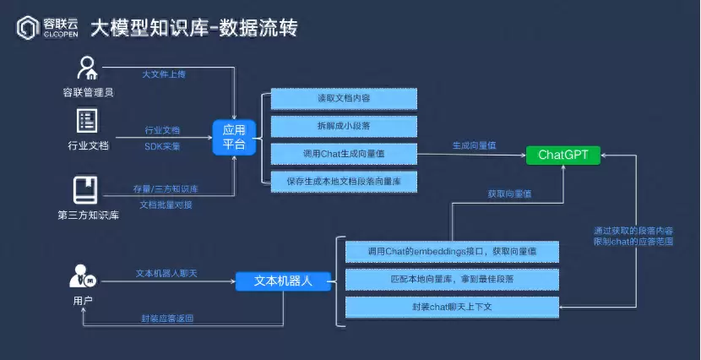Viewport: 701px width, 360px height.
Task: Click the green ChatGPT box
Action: tap(563, 155)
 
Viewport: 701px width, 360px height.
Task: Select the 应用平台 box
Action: tap(233, 138)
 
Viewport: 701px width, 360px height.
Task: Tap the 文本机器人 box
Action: tap(283, 281)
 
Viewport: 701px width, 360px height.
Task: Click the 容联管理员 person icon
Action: tap(88, 68)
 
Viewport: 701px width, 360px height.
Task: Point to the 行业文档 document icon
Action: tap(88, 120)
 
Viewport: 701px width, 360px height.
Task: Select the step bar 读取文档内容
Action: tap(344, 99)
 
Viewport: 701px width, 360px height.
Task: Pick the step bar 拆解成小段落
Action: tap(344, 127)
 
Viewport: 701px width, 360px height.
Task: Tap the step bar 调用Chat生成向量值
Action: tap(344, 154)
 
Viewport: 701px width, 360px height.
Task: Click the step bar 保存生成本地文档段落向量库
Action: tap(344, 182)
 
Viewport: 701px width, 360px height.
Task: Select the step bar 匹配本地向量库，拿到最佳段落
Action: tap(452, 279)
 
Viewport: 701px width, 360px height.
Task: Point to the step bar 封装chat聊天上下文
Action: tap(452, 307)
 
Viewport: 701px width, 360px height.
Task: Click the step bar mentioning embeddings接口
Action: tap(452, 252)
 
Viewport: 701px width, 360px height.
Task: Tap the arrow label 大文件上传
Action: tap(163, 74)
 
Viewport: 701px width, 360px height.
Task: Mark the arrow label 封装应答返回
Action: tap(167, 319)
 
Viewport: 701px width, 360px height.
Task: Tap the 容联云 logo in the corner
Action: tap(46, 29)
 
